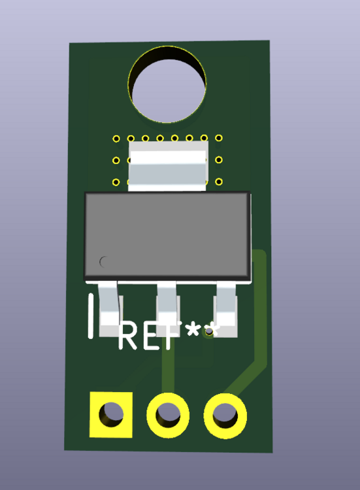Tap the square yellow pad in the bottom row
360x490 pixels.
coord(111,414)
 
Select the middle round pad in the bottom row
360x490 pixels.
coord(168,414)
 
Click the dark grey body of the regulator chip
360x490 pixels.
coord(167,235)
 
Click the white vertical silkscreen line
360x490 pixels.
coord(91,316)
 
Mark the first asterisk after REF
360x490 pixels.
coord(193,331)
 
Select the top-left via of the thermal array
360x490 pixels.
coord(116,139)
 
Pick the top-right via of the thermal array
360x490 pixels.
coord(219,138)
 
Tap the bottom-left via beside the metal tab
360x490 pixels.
coord(116,182)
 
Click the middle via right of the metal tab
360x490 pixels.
coord(219,160)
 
